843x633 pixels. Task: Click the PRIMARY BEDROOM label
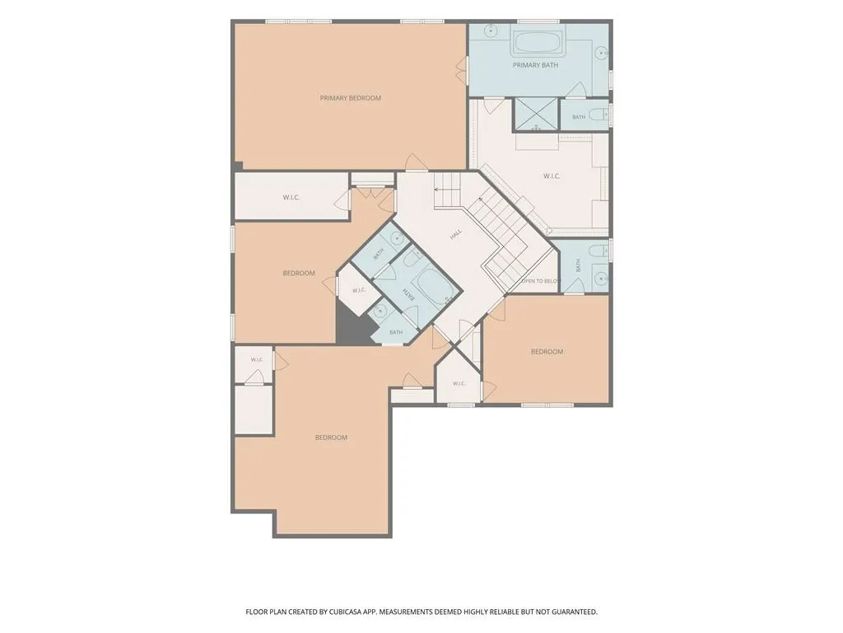pos(350,98)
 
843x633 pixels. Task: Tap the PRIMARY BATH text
pos(535,65)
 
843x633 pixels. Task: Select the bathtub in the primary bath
pos(537,42)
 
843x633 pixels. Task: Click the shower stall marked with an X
pos(536,115)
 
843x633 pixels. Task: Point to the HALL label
pos(456,234)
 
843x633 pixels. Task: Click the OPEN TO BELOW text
pos(541,281)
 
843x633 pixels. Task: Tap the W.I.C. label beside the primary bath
pos(552,176)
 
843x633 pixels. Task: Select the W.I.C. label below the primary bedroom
pos(291,198)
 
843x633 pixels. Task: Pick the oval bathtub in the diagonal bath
pos(434,286)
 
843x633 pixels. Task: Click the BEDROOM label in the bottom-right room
pos(547,351)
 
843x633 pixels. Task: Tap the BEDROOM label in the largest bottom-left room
pos(331,438)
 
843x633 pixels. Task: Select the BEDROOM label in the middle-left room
pos(298,274)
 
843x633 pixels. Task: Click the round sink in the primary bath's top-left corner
pos(491,30)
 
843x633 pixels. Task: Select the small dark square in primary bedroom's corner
pos(238,166)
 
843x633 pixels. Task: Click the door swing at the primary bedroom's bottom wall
pos(416,162)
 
